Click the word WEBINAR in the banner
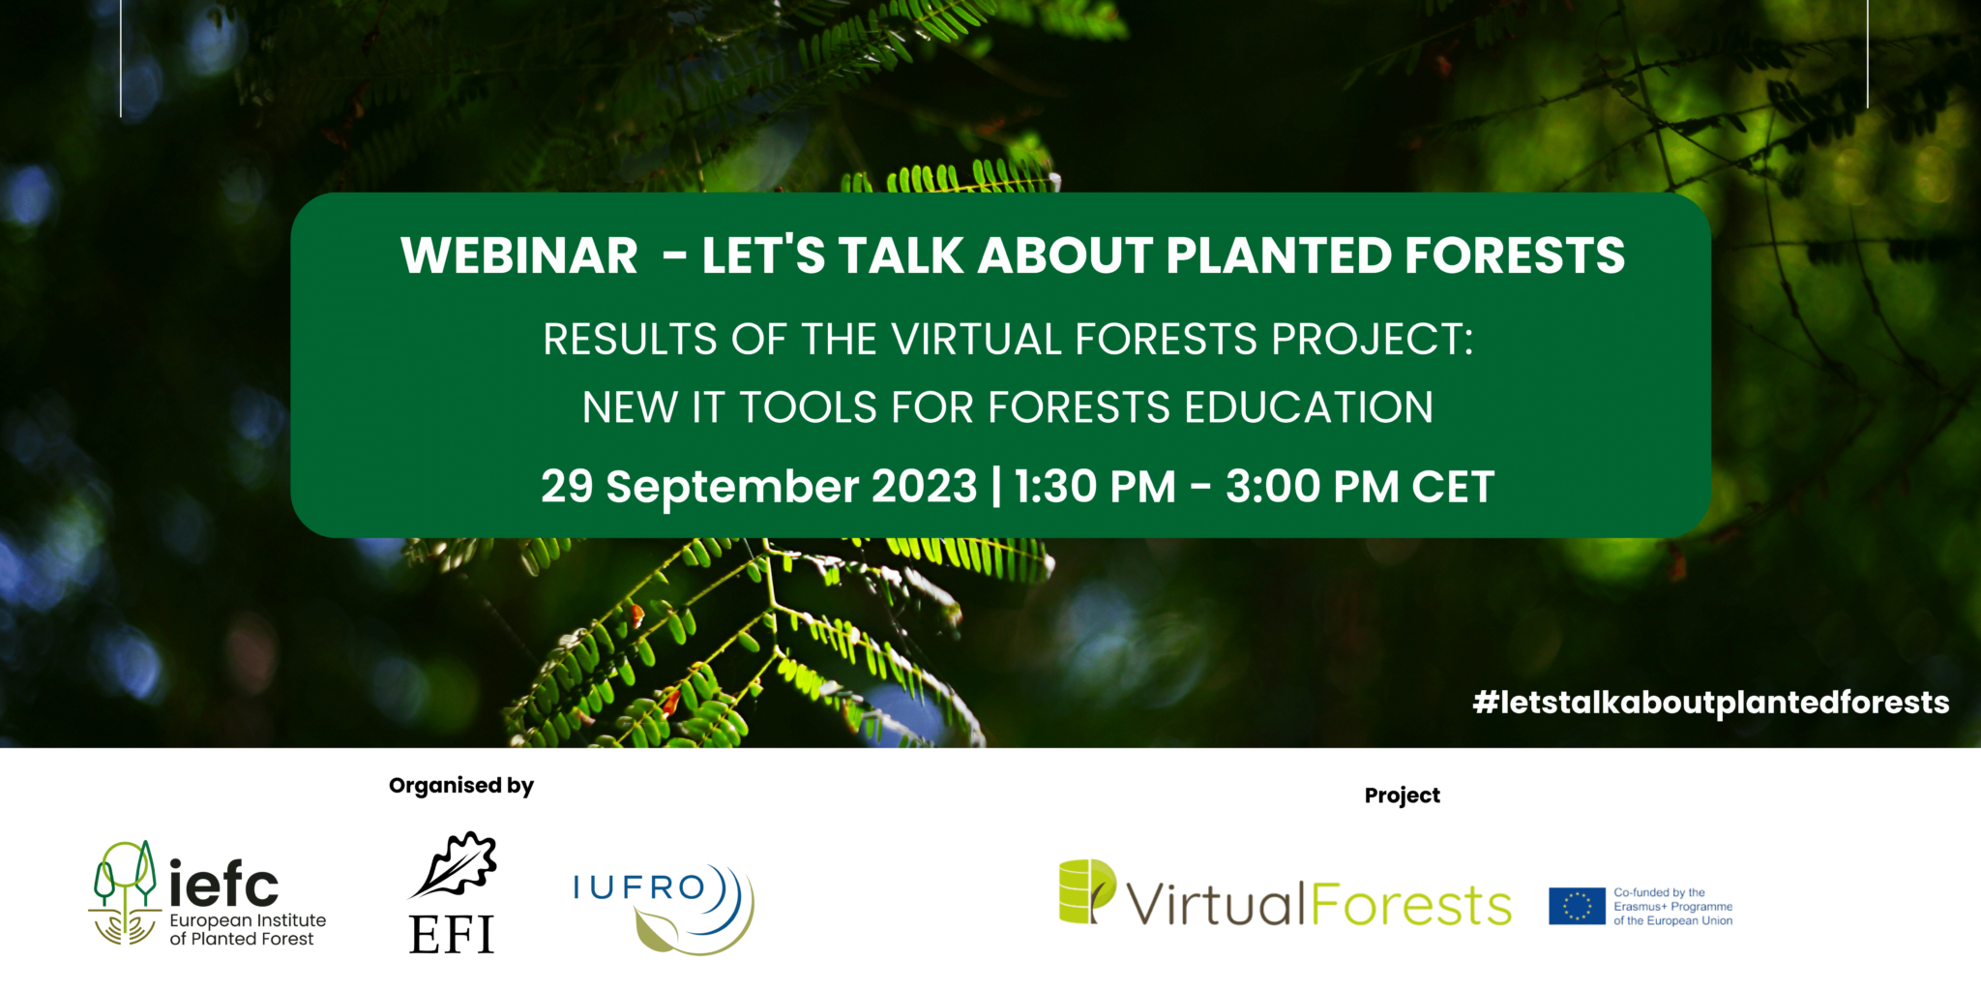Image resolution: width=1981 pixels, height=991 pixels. point(519,256)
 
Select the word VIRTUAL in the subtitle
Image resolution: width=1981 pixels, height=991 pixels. point(976,340)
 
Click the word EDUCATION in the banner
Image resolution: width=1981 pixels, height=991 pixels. point(1309,407)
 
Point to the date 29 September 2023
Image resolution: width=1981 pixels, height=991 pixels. point(758,486)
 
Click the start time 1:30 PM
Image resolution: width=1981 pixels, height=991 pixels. point(1095,486)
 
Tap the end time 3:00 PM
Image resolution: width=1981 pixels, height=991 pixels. point(1312,486)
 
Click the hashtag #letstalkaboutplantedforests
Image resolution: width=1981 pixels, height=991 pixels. point(1710,703)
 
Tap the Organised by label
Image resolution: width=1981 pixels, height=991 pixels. point(461,786)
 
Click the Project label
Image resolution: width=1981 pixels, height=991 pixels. point(1402,796)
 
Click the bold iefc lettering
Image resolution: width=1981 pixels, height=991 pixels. point(223,883)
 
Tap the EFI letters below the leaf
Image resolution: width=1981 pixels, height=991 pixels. point(452,935)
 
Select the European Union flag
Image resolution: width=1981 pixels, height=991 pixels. point(1576,907)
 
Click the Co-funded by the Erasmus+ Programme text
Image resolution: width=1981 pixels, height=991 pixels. point(1672,907)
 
